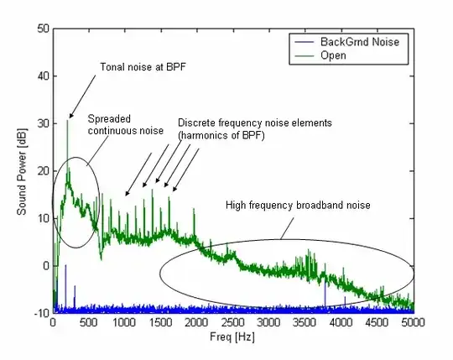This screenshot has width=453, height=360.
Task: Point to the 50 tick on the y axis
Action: click(x=43, y=29)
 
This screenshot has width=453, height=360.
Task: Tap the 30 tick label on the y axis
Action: click(x=43, y=123)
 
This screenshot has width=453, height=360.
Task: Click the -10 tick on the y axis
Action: click(x=40, y=313)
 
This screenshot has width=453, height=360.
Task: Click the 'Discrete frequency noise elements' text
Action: click(x=255, y=123)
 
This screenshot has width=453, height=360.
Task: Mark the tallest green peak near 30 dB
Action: click(x=67, y=121)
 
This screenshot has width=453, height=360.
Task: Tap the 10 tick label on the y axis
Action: click(x=43, y=218)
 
